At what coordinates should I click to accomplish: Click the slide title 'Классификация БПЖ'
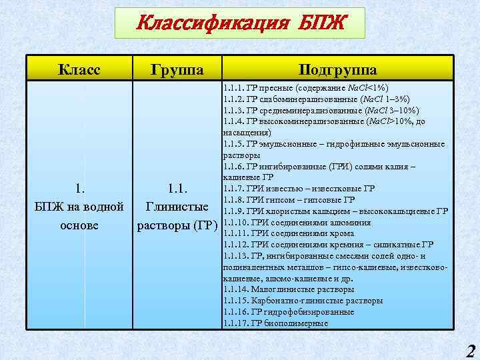point(240,24)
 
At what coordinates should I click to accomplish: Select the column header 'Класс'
point(79,69)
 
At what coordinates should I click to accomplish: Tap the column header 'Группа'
point(177,69)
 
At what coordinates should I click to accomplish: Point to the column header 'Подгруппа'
point(338,69)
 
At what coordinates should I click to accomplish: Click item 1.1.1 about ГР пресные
point(307,87)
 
